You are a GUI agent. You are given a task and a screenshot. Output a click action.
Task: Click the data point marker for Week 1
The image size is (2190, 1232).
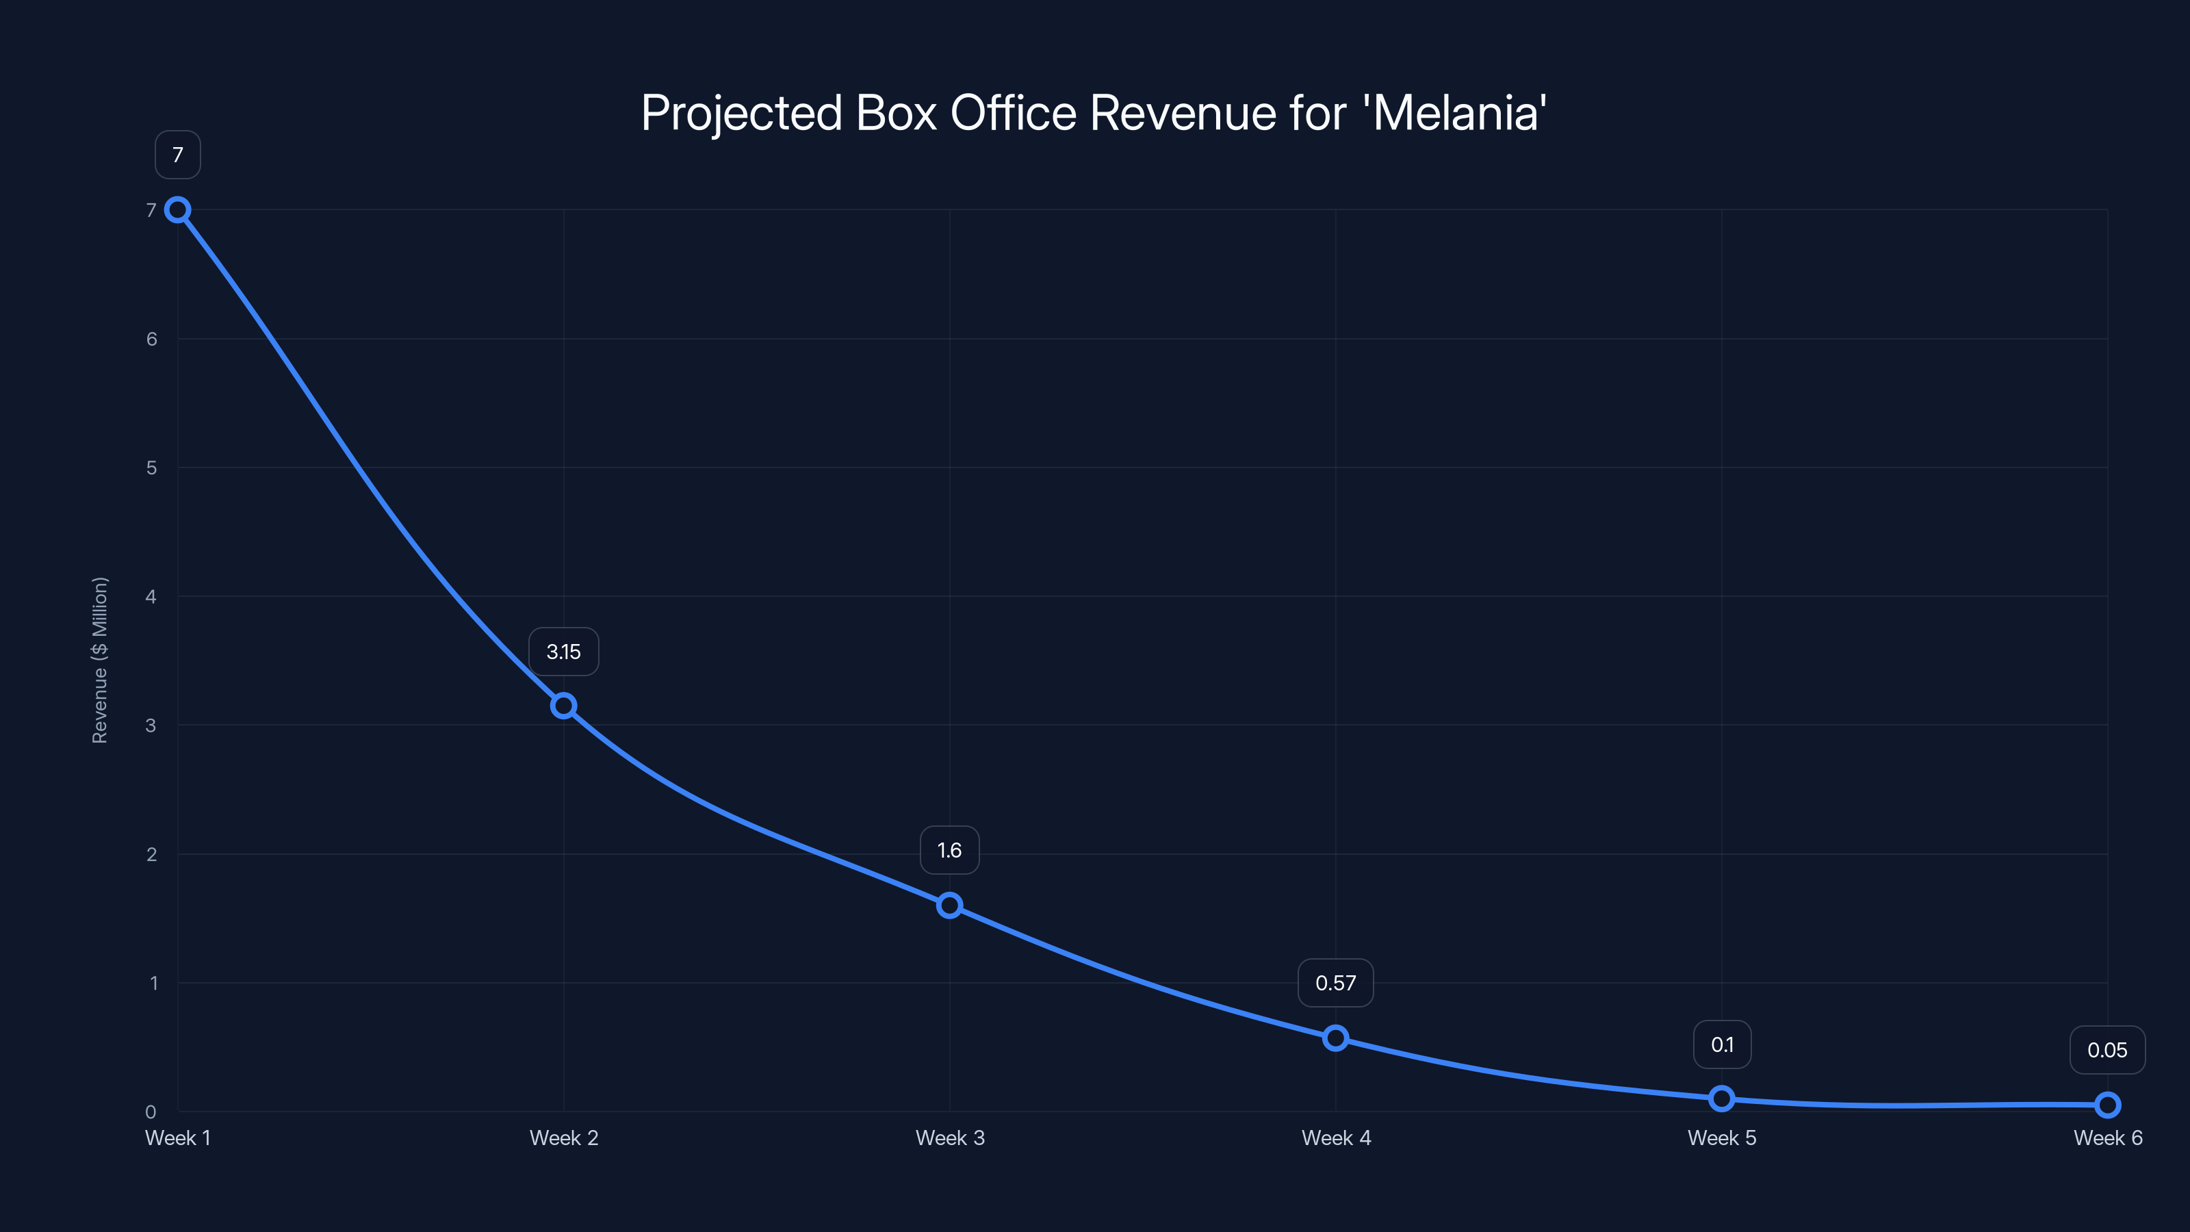(178, 210)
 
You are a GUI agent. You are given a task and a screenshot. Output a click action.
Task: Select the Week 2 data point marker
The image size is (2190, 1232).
(564, 706)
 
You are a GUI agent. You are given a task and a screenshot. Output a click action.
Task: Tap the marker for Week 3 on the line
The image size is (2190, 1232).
(950, 906)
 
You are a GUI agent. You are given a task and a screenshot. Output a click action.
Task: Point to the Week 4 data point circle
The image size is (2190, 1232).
(1336, 1038)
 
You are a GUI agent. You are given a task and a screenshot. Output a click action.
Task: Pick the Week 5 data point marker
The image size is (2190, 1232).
(1722, 1099)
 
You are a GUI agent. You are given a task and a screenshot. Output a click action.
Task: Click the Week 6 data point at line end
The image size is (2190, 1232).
(2108, 1105)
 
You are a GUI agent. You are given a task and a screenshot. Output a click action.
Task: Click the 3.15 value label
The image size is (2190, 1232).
(564, 652)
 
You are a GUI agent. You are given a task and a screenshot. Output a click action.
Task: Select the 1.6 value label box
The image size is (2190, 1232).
(950, 850)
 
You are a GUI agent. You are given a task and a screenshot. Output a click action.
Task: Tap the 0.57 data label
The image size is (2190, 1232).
(1336, 983)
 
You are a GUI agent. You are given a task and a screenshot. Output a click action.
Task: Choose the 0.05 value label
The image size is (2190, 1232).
(2108, 1050)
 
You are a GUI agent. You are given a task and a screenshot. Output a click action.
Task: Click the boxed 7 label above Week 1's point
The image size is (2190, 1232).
(178, 155)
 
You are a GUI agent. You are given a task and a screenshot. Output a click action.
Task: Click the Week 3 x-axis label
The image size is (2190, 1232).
(950, 1138)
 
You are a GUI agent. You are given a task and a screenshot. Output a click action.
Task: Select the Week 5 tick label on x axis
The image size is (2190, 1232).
(1722, 1138)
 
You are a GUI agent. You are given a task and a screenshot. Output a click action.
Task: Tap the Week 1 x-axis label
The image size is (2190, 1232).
(178, 1138)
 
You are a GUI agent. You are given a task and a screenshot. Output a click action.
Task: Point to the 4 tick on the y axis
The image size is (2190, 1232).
(151, 596)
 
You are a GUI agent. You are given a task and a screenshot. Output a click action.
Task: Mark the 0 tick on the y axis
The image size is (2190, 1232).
(151, 1112)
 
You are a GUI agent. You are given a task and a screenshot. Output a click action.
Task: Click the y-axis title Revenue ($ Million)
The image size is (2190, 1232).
(99, 660)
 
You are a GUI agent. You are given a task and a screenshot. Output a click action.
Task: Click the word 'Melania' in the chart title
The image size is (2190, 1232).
(1459, 112)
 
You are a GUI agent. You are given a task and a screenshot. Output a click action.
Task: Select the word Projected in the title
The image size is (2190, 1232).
(741, 114)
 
